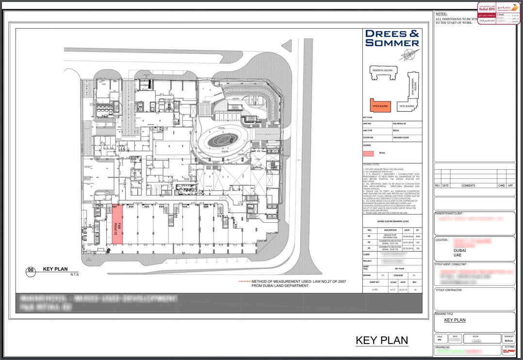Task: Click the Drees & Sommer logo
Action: click(392, 38)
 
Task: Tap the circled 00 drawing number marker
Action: click(31, 270)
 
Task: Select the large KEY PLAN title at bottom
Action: click(382, 341)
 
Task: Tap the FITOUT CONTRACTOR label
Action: click(449, 290)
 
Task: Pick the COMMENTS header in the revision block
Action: click(468, 185)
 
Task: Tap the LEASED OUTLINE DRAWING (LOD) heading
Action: click(392, 222)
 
